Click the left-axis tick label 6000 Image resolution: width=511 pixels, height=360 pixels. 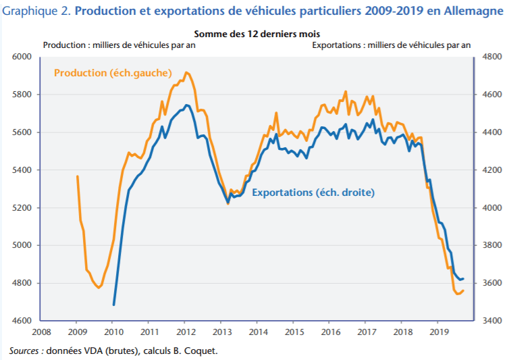[22, 57]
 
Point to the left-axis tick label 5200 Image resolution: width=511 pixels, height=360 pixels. [22, 207]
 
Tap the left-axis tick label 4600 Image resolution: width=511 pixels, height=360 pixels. [22, 321]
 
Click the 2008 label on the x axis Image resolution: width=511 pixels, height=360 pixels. [41, 332]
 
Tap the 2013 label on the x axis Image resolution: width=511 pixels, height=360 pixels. [221, 332]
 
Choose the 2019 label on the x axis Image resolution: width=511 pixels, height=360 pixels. [439, 332]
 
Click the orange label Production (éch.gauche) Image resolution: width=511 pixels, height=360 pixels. [113, 72]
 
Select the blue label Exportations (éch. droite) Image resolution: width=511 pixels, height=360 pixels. [313, 192]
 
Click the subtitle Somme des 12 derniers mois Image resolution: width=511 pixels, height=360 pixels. [257, 34]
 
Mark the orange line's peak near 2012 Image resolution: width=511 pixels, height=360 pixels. [186, 72]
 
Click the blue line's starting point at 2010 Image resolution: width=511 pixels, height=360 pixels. [113, 305]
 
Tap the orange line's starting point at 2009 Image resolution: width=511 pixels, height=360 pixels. [77, 176]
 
